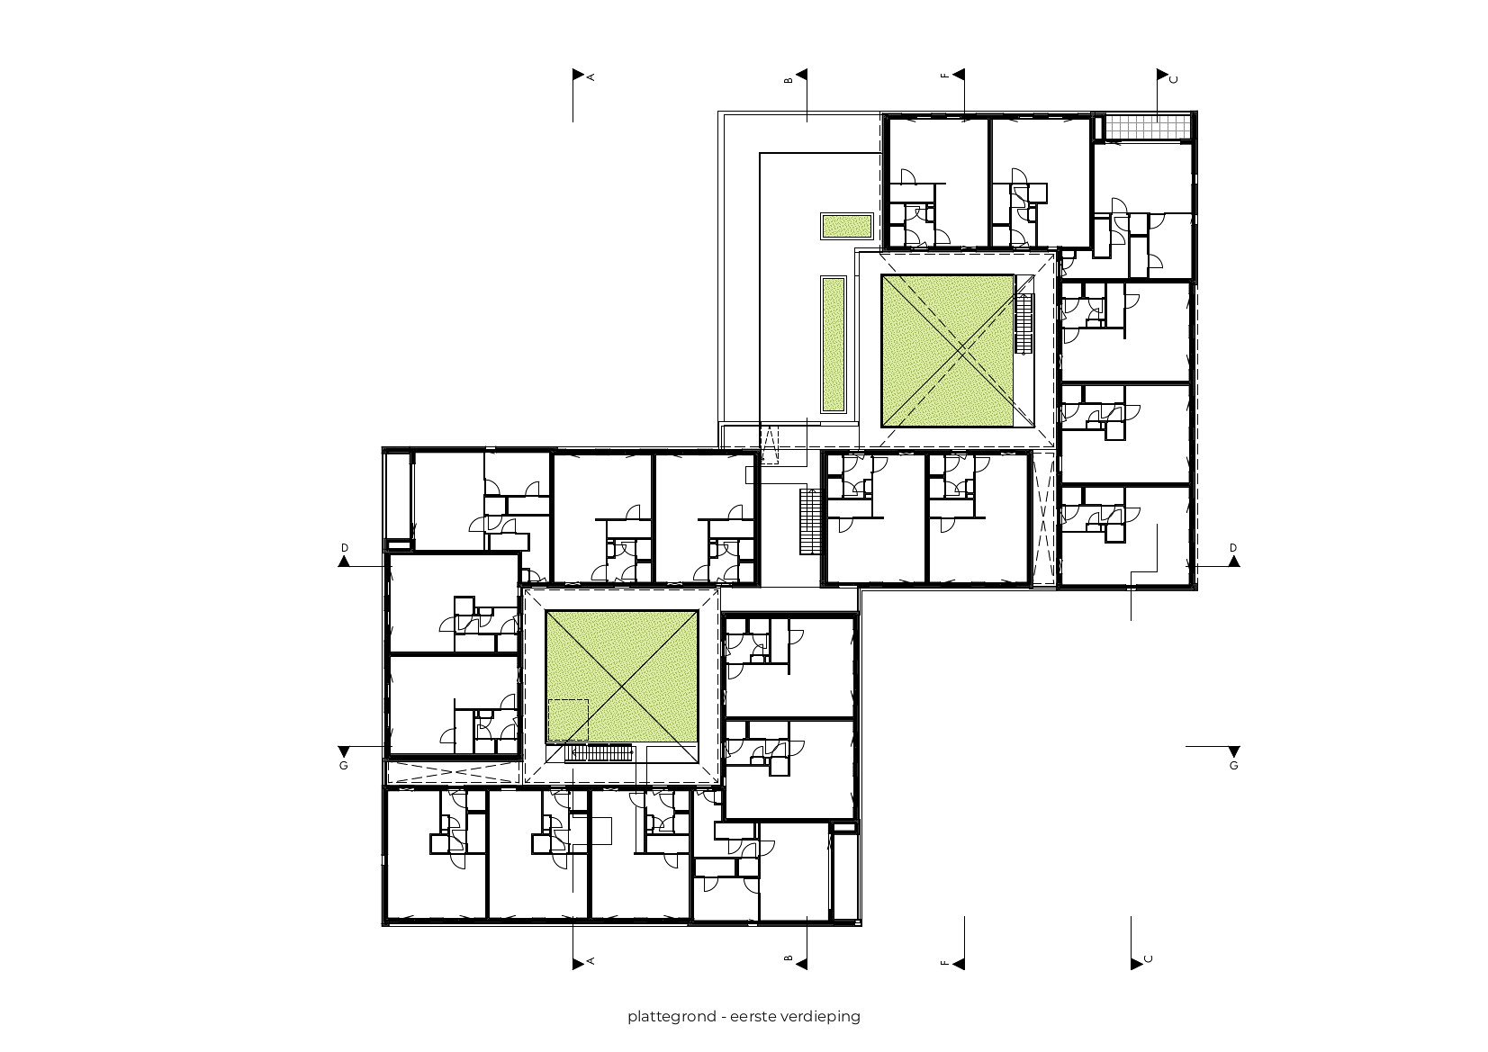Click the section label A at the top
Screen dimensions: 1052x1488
(591, 78)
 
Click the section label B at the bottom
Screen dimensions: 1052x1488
(789, 960)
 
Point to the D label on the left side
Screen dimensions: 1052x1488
(344, 548)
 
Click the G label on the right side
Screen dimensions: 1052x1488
(1233, 766)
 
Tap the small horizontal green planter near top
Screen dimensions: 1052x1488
(846, 225)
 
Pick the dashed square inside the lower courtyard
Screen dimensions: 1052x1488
(568, 720)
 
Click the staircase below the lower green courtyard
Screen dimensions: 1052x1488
(600, 753)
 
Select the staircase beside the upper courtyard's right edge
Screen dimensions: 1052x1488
(1024, 324)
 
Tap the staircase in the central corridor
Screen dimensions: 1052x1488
(807, 522)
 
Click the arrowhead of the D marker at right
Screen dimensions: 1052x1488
(1233, 562)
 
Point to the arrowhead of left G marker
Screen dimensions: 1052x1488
(344, 752)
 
